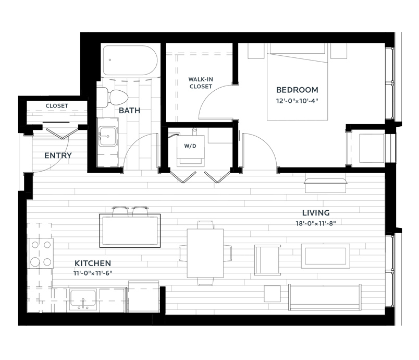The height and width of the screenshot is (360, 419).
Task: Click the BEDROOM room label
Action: tap(297, 90)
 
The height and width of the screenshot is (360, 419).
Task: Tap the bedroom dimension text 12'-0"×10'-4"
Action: tap(297, 101)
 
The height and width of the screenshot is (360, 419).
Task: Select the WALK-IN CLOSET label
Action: tap(201, 83)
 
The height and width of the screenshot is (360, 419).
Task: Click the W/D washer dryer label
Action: tap(190, 146)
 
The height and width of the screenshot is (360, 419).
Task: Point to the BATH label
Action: tap(129, 111)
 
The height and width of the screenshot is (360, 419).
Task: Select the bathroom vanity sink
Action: tap(108, 136)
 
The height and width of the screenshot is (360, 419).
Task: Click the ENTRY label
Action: tap(58, 155)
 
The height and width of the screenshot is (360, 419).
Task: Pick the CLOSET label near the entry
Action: tap(57, 106)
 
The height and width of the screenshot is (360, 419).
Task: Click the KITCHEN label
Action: tap(93, 263)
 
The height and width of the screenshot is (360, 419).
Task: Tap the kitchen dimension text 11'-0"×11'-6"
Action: tap(93, 273)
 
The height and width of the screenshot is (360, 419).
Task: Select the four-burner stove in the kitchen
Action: tap(41, 253)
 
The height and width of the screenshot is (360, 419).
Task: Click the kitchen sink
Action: tap(83, 300)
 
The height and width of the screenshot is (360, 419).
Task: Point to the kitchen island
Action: tap(130, 231)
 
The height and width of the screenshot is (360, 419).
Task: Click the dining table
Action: tap(205, 253)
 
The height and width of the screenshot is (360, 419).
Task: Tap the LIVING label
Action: tap(316, 213)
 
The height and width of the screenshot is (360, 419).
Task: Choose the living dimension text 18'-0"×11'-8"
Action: tap(316, 223)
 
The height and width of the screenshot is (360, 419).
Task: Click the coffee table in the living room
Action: tap(326, 256)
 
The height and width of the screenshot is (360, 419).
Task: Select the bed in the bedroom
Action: tap(298, 81)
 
